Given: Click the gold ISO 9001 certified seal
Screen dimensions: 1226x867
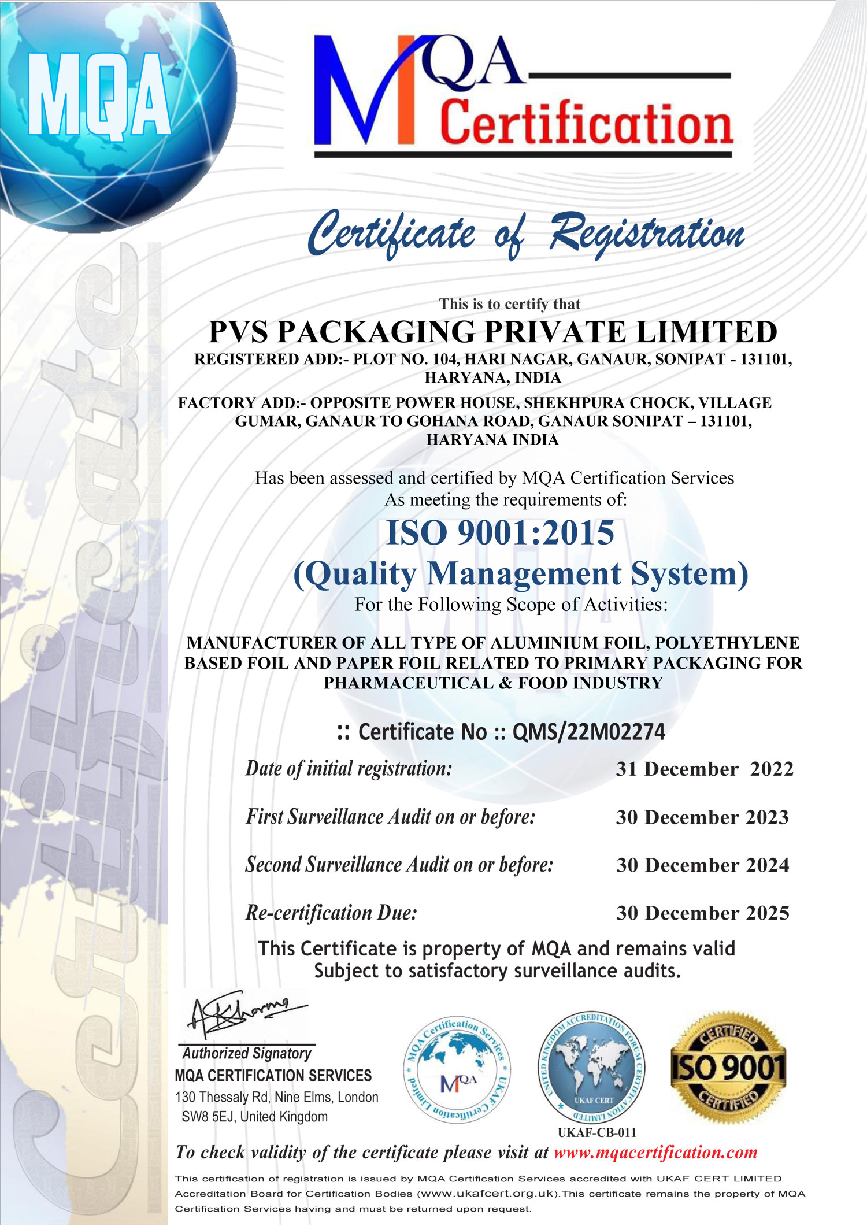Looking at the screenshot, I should tap(728, 1068).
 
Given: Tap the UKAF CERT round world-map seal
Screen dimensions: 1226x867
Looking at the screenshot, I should tap(592, 1068).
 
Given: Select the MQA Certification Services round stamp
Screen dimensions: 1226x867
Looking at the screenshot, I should tap(457, 1070).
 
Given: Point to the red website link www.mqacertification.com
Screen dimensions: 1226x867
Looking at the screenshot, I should tap(655, 1152).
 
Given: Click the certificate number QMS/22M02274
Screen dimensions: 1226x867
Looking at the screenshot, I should tap(588, 732).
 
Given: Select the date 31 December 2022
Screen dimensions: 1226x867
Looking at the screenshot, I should tap(705, 769).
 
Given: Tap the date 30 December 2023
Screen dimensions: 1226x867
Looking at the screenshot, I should tap(702, 817).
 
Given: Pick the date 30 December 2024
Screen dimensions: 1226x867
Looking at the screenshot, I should tap(702, 865).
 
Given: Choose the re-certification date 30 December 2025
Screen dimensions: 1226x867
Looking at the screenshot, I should tap(702, 913).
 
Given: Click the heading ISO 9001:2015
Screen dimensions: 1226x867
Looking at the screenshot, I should tap(500, 532).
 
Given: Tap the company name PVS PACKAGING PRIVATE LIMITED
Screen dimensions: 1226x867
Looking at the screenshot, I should tap(492, 332).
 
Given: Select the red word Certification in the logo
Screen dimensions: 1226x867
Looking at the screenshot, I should tap(586, 123).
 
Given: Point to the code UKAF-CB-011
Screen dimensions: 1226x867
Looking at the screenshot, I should tap(596, 1133).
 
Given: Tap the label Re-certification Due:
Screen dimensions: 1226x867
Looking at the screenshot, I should tap(331, 913).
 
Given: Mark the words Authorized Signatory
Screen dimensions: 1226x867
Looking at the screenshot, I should tap(247, 1053).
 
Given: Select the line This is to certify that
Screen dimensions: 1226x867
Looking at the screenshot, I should tap(509, 304).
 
